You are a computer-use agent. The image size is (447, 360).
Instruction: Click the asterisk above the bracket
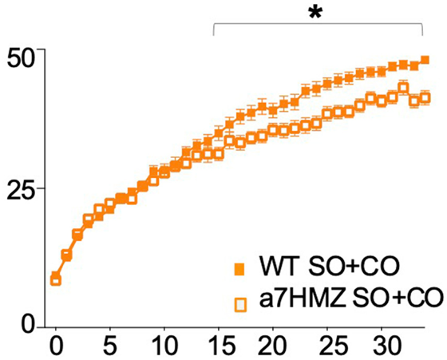tap(315, 13)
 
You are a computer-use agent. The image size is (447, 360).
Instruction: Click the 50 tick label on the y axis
tap(22, 59)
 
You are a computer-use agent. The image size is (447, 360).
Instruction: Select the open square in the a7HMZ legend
tap(240, 305)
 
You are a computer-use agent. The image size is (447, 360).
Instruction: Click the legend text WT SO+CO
tap(328, 266)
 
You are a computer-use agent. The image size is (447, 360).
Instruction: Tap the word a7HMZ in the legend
tap(303, 299)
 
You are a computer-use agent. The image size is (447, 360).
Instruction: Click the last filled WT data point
tap(425, 60)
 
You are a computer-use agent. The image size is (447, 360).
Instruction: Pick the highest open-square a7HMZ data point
tap(403, 88)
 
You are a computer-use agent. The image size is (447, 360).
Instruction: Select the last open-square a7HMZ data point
tap(425, 98)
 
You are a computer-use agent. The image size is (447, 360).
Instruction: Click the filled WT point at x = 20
tap(273, 110)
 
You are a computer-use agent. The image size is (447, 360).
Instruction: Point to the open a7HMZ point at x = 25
tap(327, 114)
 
